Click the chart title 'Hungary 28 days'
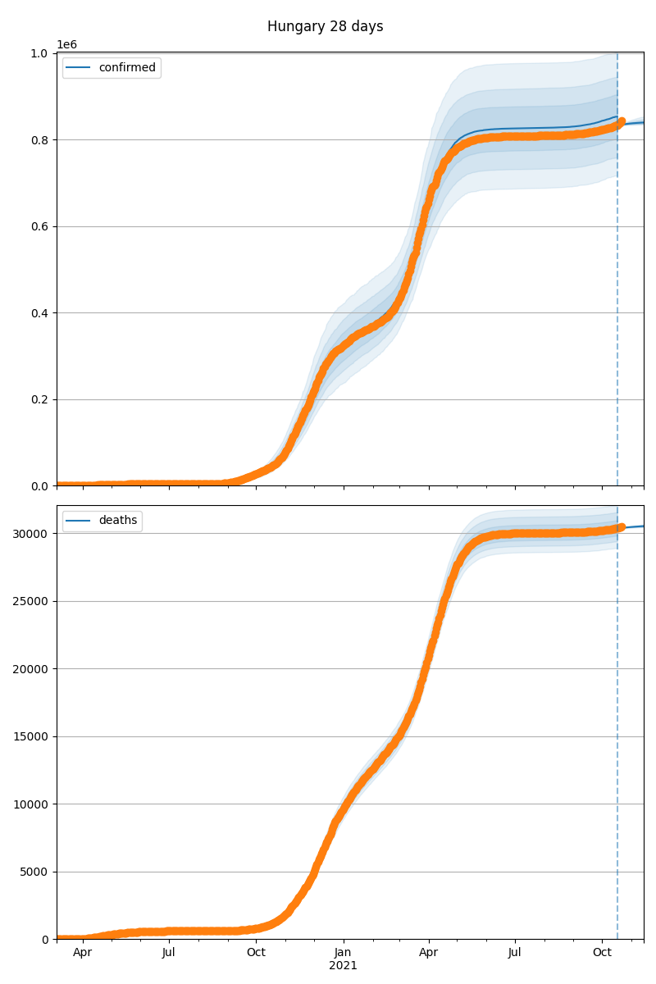click(x=325, y=27)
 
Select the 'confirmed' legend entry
click(x=126, y=68)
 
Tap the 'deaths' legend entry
click(x=117, y=521)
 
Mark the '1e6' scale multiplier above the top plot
click(x=66, y=45)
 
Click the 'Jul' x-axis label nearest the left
click(x=169, y=953)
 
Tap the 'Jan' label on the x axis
click(x=344, y=953)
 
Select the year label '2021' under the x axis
click(x=344, y=966)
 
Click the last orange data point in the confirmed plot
click(x=622, y=121)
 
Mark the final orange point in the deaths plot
click(x=622, y=527)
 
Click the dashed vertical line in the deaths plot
click(x=617, y=738)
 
